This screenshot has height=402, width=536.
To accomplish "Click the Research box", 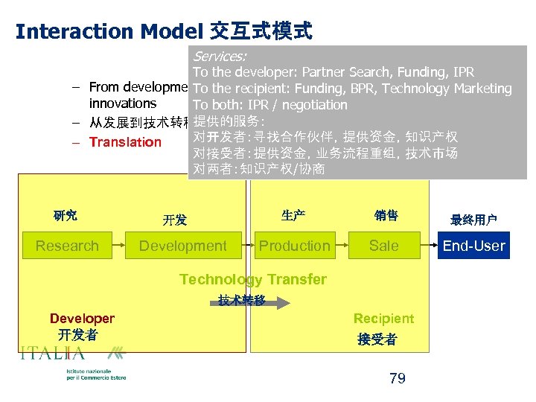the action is (x=67, y=246).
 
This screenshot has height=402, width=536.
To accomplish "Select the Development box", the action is (x=183, y=246).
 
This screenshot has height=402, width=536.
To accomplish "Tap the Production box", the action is (x=295, y=246).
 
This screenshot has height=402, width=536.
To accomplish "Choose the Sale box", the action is (x=384, y=246).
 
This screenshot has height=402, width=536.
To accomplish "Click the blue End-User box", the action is (x=473, y=246).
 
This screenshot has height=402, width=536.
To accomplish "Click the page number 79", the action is (x=398, y=378).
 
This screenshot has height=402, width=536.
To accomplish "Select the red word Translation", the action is (x=125, y=142).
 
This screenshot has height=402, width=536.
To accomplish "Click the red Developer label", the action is (x=82, y=319).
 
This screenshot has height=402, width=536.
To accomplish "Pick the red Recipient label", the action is (x=383, y=319).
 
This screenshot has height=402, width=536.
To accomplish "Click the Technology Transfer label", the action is (x=253, y=280).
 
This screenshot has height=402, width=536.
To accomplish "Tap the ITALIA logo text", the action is (x=53, y=354).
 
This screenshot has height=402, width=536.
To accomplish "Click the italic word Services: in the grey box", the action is (x=220, y=57).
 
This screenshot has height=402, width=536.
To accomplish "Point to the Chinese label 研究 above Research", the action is (x=66, y=216).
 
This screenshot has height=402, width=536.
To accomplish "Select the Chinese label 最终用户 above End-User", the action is (x=473, y=220).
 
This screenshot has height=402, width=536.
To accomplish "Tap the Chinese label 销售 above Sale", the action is (x=386, y=216).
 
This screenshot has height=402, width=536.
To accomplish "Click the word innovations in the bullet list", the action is (x=123, y=103).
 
